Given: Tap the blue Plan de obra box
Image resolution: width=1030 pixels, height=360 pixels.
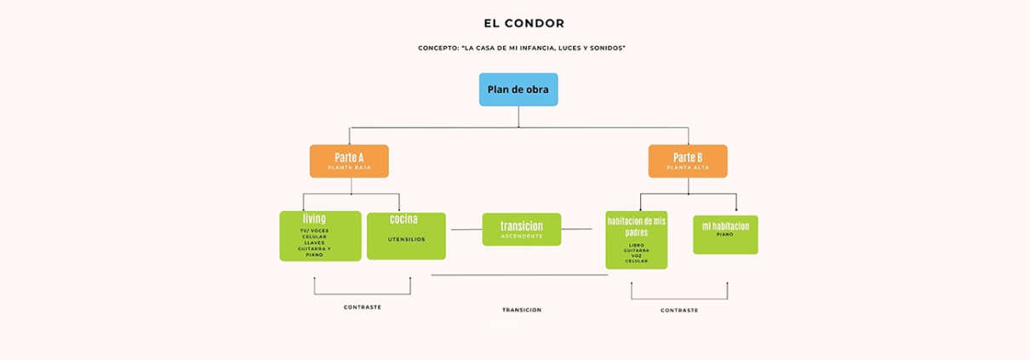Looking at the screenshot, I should (x=518, y=89).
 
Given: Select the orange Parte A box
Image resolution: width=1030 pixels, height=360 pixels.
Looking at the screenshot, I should (x=349, y=161).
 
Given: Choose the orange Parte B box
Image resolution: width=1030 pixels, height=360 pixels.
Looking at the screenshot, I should (x=688, y=161).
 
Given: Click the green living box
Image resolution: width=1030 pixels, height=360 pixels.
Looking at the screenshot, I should (x=320, y=236).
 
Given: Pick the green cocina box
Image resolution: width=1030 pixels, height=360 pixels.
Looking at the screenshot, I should (x=406, y=236).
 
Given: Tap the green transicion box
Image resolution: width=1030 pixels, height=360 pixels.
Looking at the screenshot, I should (x=522, y=229).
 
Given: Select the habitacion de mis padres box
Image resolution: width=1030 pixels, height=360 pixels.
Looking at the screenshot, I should (x=636, y=240).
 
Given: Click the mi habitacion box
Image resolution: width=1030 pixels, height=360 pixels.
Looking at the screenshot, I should (x=725, y=234).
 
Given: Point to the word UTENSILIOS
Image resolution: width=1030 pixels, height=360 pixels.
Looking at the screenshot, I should (x=406, y=239).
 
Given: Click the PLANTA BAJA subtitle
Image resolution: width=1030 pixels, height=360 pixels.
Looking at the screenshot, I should (x=349, y=168).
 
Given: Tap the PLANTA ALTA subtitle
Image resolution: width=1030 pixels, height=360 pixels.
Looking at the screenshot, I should (x=688, y=168).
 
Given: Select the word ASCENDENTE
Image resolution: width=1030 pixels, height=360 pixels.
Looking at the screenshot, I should (x=522, y=236).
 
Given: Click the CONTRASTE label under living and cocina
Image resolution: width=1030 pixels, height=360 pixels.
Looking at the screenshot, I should (x=363, y=307).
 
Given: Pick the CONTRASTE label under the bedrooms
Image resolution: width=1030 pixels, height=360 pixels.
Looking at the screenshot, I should (x=679, y=311).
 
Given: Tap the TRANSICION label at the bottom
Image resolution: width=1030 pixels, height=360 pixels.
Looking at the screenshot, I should (x=522, y=310).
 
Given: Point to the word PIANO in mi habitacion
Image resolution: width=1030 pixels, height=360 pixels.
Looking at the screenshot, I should (x=725, y=234).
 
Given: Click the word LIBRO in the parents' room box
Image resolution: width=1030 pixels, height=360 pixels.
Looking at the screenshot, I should (x=636, y=245).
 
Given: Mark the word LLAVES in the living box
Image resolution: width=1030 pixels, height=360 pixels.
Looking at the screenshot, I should (x=314, y=243).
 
